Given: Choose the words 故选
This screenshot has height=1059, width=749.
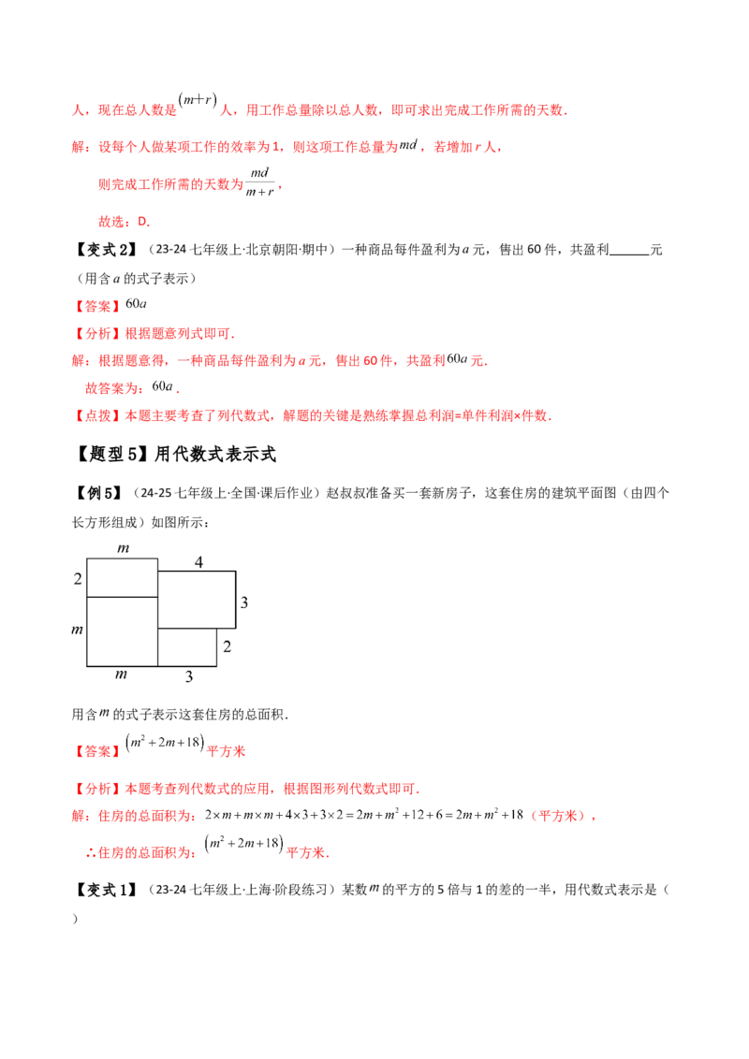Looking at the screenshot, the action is (111, 222).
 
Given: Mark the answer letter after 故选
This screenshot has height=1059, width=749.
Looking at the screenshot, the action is (141, 222).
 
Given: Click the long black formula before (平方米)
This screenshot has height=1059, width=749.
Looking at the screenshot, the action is (365, 817).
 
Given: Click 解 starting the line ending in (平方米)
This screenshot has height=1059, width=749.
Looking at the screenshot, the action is (75, 817).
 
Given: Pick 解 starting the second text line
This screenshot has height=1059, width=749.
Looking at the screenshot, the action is (75, 148).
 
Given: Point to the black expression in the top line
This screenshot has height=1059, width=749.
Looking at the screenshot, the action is (198, 107).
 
